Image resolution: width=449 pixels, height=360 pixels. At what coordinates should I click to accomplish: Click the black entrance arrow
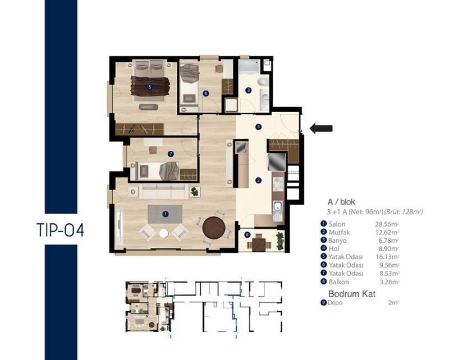(321, 128)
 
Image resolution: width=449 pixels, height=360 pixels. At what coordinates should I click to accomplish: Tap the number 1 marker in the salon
(165, 214)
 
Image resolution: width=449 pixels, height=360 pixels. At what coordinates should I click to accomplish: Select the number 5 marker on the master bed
(149, 87)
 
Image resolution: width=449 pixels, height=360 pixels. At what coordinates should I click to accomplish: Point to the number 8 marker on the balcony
(247, 235)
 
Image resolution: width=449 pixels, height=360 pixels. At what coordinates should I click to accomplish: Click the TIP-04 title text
(61, 230)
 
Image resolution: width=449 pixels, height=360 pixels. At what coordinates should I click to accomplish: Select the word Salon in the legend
(337, 224)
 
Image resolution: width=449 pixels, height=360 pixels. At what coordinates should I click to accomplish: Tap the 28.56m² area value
(387, 224)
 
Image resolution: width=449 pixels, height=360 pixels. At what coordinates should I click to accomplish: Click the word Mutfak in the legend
(340, 232)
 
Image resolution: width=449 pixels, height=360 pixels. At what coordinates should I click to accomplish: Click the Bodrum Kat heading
(352, 294)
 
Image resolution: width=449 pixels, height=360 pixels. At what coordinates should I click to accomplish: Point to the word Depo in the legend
(335, 302)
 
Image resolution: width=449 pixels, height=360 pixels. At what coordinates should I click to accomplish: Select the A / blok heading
(341, 202)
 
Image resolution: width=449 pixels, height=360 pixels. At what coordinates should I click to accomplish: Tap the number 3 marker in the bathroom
(249, 90)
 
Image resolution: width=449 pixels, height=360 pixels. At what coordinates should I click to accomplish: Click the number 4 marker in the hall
(258, 127)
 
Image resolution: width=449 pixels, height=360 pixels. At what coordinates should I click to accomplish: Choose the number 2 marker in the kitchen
(258, 181)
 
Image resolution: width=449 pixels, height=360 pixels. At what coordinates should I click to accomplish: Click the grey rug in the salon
(165, 214)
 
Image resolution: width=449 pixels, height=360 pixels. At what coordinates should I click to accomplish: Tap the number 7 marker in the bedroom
(171, 154)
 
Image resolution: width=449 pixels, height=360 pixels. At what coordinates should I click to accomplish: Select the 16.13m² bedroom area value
(387, 257)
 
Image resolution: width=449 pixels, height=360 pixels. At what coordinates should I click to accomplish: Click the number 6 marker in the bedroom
(205, 93)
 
